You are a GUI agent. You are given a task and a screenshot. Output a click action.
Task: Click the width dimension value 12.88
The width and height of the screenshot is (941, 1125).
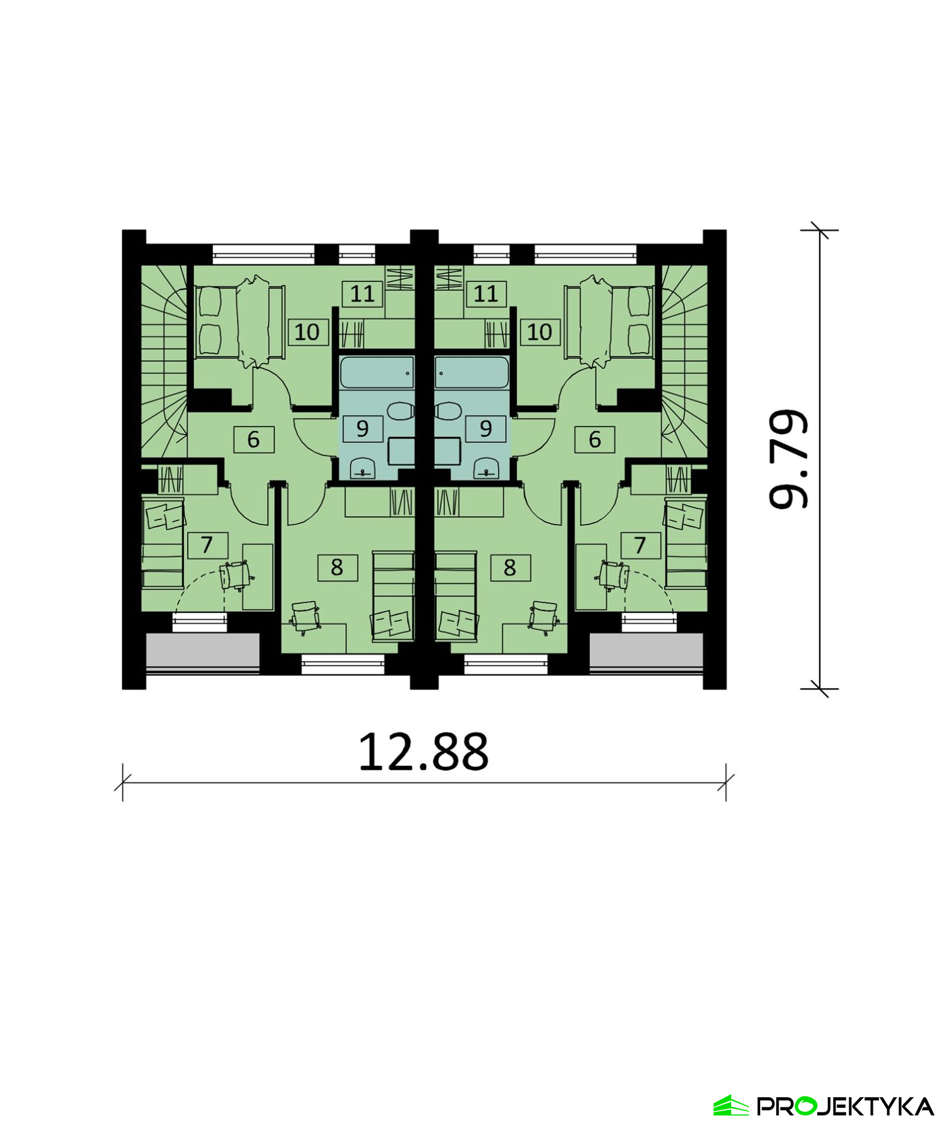coord(423,752)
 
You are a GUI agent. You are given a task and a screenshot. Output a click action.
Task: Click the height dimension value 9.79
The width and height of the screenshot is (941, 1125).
coord(789,459)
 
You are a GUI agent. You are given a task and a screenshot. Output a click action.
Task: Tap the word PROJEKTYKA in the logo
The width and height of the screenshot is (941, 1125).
coord(846,1106)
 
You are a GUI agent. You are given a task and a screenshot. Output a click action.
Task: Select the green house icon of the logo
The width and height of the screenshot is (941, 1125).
coord(731,1105)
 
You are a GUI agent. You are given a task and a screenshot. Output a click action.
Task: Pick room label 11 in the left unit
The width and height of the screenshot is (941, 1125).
coord(363,294)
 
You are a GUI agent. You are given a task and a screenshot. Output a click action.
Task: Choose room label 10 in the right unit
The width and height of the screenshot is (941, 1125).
coord(540,332)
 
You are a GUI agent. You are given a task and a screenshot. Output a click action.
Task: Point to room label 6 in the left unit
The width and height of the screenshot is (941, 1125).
coord(253,439)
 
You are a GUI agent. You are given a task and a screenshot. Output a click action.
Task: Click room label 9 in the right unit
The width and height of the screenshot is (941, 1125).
coord(485,429)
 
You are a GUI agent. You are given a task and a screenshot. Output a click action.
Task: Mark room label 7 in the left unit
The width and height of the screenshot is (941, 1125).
coord(207,545)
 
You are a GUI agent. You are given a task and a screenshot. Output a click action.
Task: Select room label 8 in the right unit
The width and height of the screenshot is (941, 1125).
coord(510,568)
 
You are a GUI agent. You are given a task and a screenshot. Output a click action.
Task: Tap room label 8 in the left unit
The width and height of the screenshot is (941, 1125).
coord(337,568)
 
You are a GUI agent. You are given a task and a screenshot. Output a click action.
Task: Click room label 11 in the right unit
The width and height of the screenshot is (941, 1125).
coord(485,294)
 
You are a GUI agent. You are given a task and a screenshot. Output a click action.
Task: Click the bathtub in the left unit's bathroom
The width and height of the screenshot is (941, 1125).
coord(377,372)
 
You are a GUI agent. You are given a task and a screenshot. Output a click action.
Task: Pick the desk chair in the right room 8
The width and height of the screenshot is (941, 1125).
coord(543,617)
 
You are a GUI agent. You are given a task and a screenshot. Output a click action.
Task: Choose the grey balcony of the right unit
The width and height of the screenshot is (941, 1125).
coord(646,651)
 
